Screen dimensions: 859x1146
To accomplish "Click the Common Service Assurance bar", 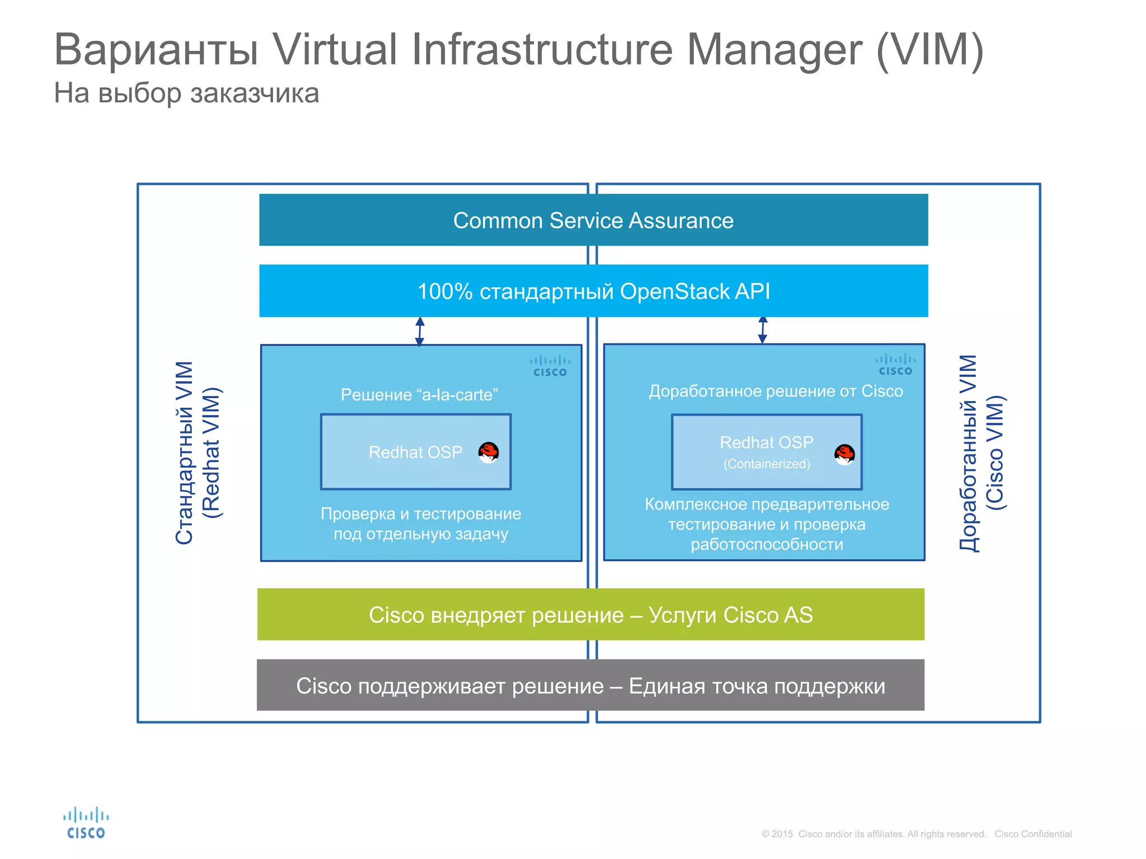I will pos(593,220).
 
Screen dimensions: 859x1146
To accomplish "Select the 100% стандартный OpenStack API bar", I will pos(593,291).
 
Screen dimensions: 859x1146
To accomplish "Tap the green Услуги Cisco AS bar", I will pos(590,615).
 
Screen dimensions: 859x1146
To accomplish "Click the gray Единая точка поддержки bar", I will pos(590,686).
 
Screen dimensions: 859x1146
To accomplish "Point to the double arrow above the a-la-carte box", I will pos(420,331).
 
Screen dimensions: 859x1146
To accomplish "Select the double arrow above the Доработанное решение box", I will pos(762,330).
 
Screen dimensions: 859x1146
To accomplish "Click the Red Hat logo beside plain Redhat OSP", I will pos(489,452).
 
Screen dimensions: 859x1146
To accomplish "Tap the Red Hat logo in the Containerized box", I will pos(844,454).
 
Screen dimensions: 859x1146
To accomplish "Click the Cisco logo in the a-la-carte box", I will pos(550,366).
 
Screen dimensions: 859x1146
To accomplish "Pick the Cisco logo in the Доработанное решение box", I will pos(895,365).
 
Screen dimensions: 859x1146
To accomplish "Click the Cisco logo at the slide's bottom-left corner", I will pos(86,823).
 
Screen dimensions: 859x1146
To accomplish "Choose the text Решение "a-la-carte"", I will pos(419,395).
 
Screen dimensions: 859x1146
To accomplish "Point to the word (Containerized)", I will pos(767,464).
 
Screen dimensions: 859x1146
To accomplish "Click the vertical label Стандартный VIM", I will pos(185,453).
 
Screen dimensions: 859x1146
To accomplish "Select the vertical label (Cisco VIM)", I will pos(995,453).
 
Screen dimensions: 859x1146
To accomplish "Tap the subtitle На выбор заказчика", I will pos(186,93).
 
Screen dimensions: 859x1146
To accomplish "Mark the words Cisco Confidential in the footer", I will pos(1033,834).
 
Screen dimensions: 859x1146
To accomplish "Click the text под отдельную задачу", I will pos(421,534).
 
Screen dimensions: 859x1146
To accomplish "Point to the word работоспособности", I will pos(767,544).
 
